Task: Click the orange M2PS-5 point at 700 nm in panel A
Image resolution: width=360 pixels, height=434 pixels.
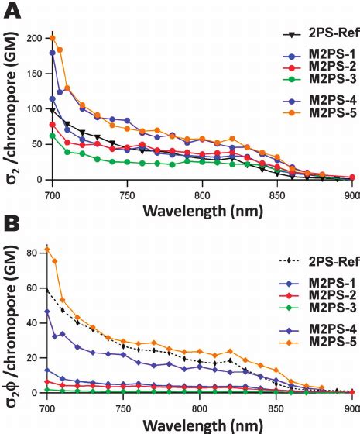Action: pos(53,37)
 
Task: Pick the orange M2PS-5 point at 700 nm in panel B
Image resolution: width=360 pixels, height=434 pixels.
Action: pos(47,249)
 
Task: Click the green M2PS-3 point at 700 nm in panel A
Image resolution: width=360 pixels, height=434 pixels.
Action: pos(53,136)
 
